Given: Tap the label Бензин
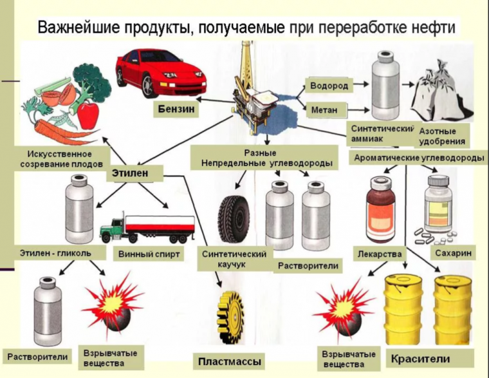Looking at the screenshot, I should (176, 109).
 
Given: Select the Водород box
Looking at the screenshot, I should (329, 86).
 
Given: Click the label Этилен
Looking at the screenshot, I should (130, 173).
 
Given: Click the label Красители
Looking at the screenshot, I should (418, 358).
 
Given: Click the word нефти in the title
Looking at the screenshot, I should (434, 28).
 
